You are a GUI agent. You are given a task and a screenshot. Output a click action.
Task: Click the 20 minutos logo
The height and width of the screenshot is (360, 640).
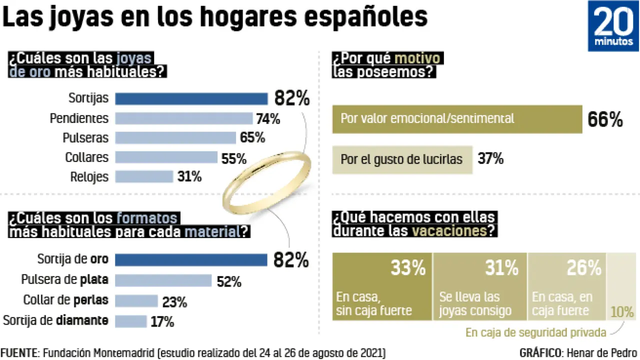(x=613, y=25)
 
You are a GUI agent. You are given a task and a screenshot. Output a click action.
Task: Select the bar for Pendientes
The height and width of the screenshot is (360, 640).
(x=184, y=118)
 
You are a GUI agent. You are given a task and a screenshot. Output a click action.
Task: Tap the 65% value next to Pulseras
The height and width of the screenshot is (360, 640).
(x=252, y=138)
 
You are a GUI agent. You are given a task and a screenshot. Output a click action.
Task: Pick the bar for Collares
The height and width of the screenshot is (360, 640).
(x=166, y=157)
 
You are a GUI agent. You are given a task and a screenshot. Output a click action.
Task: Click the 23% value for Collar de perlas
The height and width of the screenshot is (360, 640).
(x=174, y=302)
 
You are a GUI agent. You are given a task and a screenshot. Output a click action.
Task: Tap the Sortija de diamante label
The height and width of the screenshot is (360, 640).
(x=55, y=320)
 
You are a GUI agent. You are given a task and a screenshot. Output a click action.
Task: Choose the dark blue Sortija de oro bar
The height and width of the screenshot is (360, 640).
(x=191, y=260)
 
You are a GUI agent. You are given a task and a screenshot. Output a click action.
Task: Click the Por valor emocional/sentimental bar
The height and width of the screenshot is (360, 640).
(x=457, y=119)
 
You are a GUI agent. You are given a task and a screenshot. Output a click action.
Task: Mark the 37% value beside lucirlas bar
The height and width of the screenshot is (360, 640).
(x=490, y=159)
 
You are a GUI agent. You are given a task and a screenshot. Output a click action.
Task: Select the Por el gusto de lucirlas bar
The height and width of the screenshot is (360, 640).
(x=402, y=160)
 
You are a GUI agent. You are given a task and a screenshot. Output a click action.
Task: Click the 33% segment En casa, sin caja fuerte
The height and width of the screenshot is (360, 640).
(x=382, y=286)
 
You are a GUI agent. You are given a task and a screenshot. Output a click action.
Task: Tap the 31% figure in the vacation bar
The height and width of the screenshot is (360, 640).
(x=501, y=268)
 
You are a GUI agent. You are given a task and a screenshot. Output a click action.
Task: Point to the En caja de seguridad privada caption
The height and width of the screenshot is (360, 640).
(x=536, y=332)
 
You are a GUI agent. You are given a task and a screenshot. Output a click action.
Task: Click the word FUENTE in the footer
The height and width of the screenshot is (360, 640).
(x=19, y=352)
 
